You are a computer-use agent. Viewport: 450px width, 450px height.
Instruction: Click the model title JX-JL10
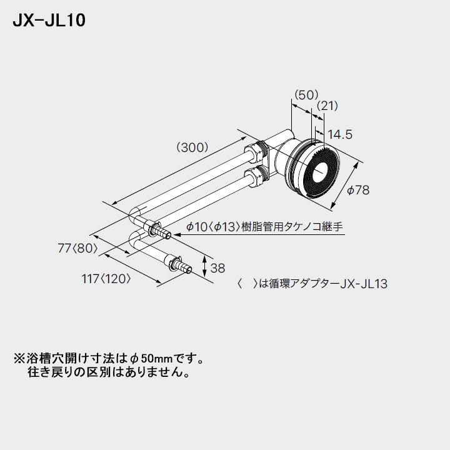coord(49,21)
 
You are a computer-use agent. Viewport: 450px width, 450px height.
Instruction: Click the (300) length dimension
coord(196,148)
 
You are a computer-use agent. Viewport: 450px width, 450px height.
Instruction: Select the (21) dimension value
coord(327,106)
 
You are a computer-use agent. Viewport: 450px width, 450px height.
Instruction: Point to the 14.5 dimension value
coord(341,134)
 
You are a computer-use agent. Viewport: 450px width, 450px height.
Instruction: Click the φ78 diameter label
coord(358,190)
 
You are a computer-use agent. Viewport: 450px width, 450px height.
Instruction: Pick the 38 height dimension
coord(217,268)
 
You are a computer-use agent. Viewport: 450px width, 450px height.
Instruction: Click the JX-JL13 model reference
coord(364,284)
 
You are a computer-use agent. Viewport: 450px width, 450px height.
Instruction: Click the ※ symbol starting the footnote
coord(18,360)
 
